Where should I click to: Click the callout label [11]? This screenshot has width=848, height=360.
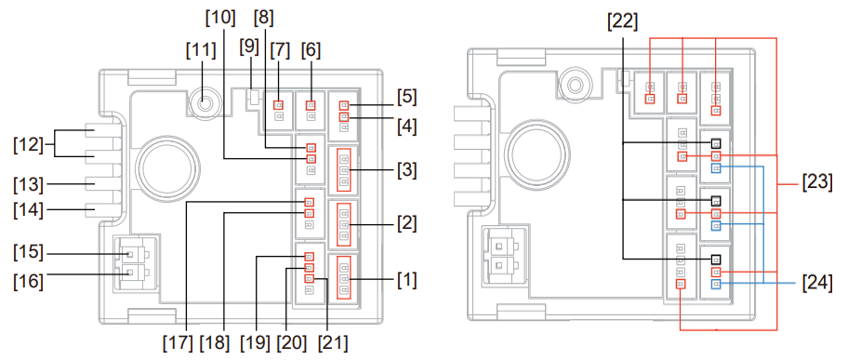(x=201, y=50)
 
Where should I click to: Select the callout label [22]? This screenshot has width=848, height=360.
(x=622, y=22)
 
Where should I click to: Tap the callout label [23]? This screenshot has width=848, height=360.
(x=817, y=182)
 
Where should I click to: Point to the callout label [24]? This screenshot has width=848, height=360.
(x=817, y=283)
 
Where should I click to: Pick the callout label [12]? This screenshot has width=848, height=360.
(x=29, y=145)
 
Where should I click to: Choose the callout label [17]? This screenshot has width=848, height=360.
(x=178, y=342)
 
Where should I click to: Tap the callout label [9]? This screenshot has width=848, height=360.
(x=249, y=47)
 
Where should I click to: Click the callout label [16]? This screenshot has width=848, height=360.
(x=29, y=282)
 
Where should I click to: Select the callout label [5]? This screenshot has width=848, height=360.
(x=406, y=98)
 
